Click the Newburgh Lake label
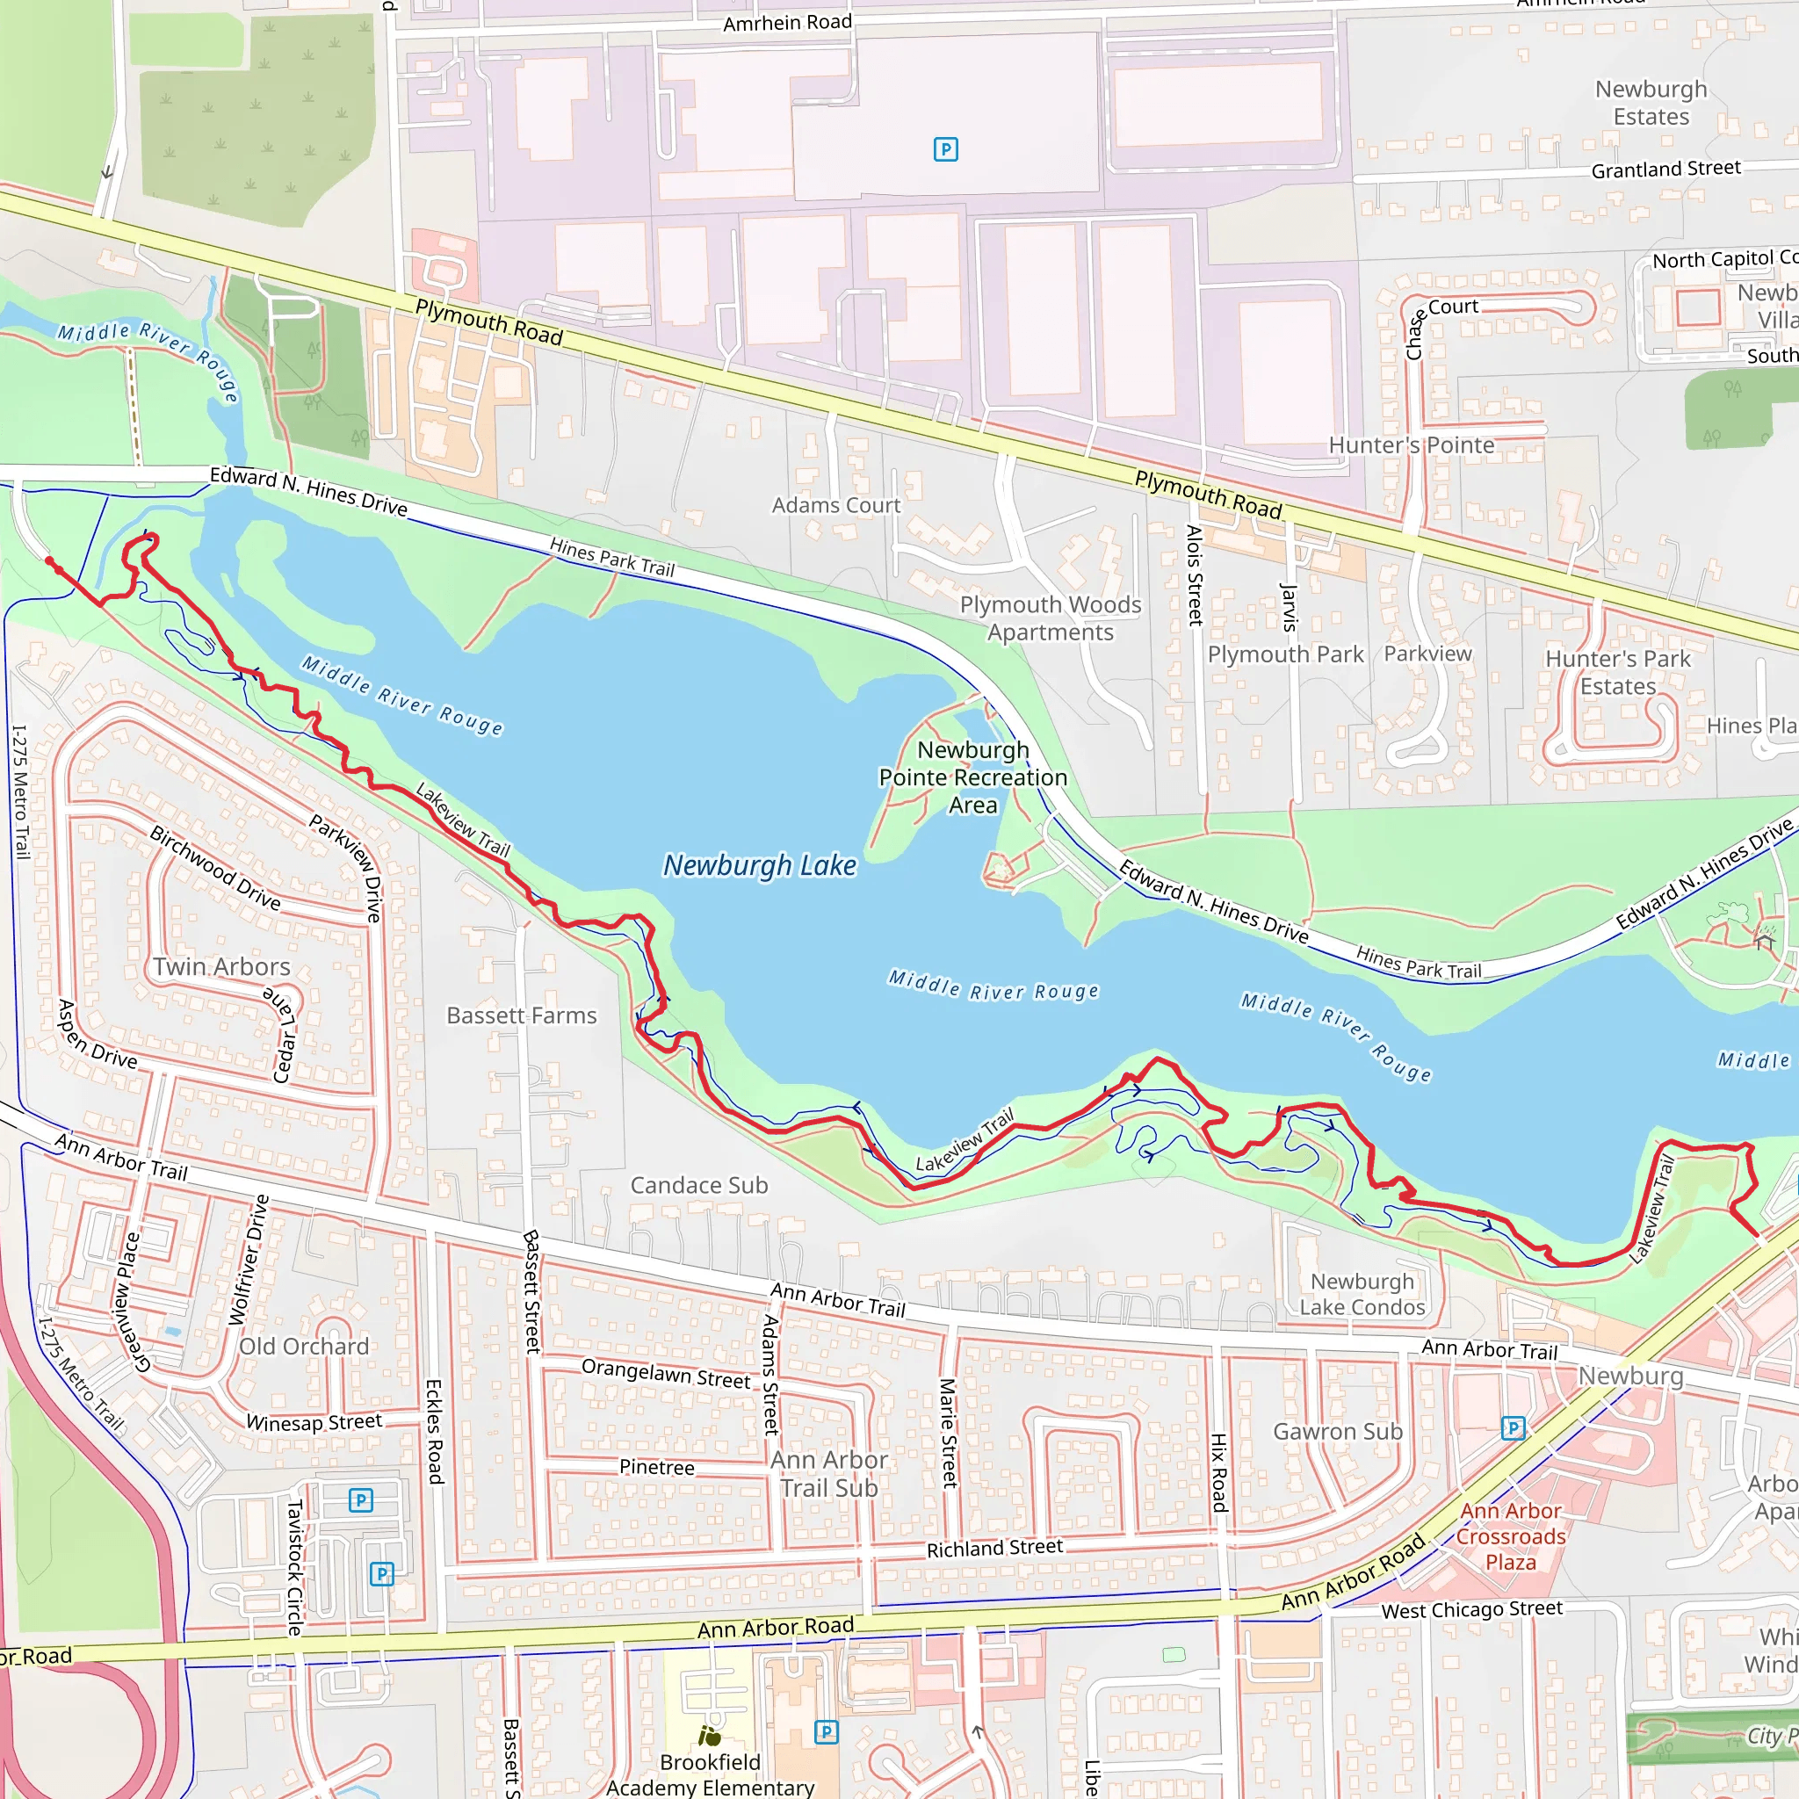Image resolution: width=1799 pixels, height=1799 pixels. tap(759, 865)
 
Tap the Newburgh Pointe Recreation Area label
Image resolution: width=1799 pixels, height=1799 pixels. tap(973, 777)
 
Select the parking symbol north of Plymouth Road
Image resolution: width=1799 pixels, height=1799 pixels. tap(945, 149)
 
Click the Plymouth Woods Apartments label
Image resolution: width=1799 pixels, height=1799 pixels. tap(1051, 618)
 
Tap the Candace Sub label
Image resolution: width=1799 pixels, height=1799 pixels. tap(698, 1184)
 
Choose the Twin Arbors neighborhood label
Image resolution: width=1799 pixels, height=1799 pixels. tap(221, 966)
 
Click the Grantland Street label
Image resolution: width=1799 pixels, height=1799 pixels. tap(1665, 169)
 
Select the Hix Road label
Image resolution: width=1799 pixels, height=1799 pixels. tap(1219, 1471)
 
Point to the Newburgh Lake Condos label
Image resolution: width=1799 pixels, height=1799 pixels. tap(1362, 1294)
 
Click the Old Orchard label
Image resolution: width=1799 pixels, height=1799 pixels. tap(304, 1347)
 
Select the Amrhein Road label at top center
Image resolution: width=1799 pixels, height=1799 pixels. tap(787, 22)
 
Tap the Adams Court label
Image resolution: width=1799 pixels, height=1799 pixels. tap(835, 506)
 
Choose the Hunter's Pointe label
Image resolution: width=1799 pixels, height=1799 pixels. tap(1411, 445)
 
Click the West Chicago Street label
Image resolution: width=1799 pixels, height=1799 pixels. tap(1471, 1609)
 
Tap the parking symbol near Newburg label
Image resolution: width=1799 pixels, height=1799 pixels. tap(1514, 1427)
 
